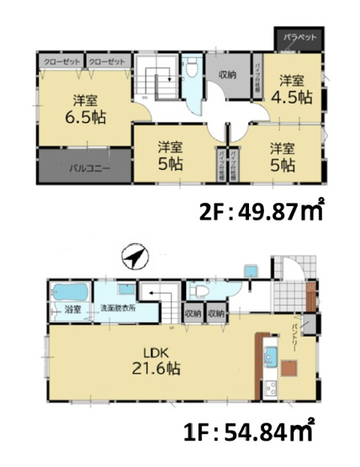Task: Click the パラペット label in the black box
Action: (x=299, y=38)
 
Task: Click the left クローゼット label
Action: (x=60, y=61)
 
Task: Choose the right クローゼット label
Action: (x=106, y=61)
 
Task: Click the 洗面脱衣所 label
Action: (x=119, y=308)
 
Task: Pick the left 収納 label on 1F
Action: (x=193, y=314)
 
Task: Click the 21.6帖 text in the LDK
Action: (x=153, y=368)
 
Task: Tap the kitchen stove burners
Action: (x=271, y=388)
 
